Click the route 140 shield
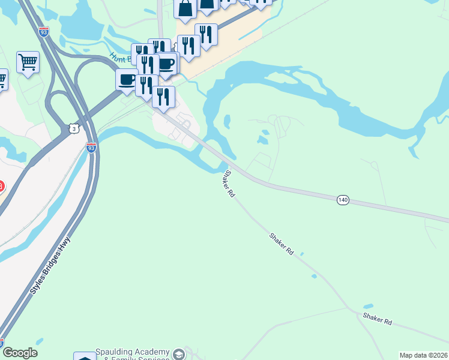(x=342, y=200)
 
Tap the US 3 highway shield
(x=73, y=128)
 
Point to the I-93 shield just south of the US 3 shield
(x=91, y=147)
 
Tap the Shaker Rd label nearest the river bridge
(x=228, y=184)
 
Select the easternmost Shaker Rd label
(x=377, y=319)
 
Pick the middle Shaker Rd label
(x=282, y=245)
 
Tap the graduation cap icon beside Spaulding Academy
(x=178, y=354)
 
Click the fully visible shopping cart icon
(x=28, y=61)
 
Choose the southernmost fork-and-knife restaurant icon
(x=163, y=97)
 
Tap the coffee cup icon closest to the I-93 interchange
(x=127, y=79)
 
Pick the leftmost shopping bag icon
(x=185, y=8)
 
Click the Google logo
(x=20, y=353)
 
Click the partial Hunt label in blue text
(x=118, y=57)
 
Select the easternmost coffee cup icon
(x=167, y=64)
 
